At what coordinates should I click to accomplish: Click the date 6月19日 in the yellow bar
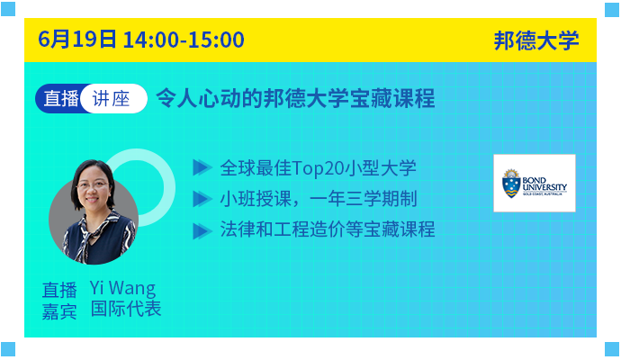point(77,40)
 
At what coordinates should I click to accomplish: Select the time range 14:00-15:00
point(184,40)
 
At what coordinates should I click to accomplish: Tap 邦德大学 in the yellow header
point(536,40)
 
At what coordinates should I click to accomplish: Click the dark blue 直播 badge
point(60,99)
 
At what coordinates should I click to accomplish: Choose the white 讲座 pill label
point(113,99)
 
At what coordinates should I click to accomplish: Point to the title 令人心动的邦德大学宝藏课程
point(295,98)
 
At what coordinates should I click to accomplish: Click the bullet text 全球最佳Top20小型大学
point(318,168)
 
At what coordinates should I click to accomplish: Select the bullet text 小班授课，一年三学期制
point(319,198)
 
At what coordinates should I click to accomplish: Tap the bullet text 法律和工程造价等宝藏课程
point(328,229)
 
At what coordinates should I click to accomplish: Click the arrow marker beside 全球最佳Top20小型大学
point(202,168)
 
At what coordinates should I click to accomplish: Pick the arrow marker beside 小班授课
point(202,199)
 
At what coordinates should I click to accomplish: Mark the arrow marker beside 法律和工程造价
point(202,231)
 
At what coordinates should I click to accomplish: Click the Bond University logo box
point(535,183)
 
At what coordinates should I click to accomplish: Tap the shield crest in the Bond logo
point(511,184)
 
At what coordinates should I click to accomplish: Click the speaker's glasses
point(92,185)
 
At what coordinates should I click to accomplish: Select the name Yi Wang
point(122,288)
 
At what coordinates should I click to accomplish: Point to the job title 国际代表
point(126,309)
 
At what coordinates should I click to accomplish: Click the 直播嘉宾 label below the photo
point(59,301)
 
